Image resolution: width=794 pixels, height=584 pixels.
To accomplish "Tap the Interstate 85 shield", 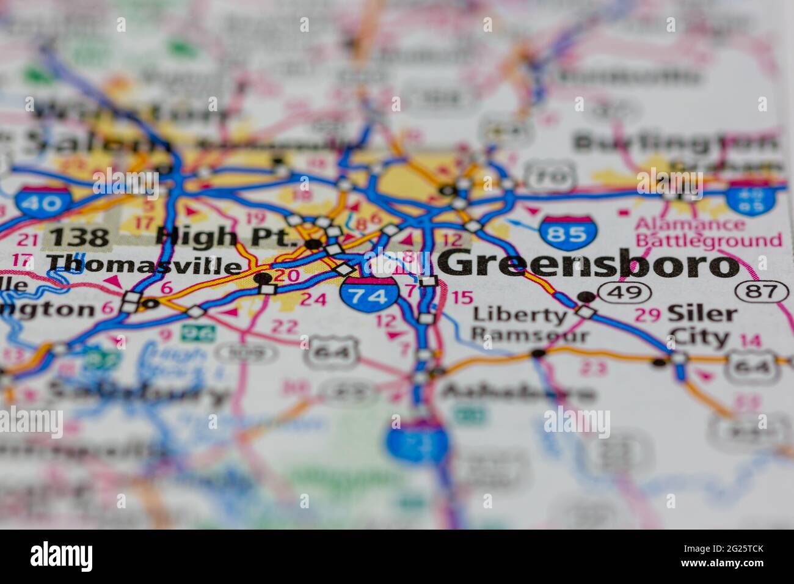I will (x=567, y=232).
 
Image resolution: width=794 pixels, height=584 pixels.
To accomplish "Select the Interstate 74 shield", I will (x=370, y=296).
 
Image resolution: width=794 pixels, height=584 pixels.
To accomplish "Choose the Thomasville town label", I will (x=144, y=265).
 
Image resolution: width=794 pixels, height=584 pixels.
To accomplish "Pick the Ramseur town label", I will (x=530, y=335).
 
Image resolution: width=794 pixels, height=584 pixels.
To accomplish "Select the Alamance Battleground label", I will (x=708, y=233).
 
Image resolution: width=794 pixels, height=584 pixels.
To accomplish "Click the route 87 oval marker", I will (x=761, y=291).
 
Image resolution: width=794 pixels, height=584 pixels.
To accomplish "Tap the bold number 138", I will (x=79, y=236).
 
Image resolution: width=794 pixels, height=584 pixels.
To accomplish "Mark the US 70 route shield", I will (x=550, y=177).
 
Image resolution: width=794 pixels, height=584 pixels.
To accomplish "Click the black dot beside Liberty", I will (x=586, y=297).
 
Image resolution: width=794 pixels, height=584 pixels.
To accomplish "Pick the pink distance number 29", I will (x=647, y=315).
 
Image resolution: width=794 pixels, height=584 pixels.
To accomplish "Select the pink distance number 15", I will (x=462, y=297).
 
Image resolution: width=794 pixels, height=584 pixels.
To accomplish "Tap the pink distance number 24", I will (x=314, y=299).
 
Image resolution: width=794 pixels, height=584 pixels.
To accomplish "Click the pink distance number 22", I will (x=283, y=326).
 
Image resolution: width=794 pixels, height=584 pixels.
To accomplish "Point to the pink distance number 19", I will (x=255, y=217).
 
